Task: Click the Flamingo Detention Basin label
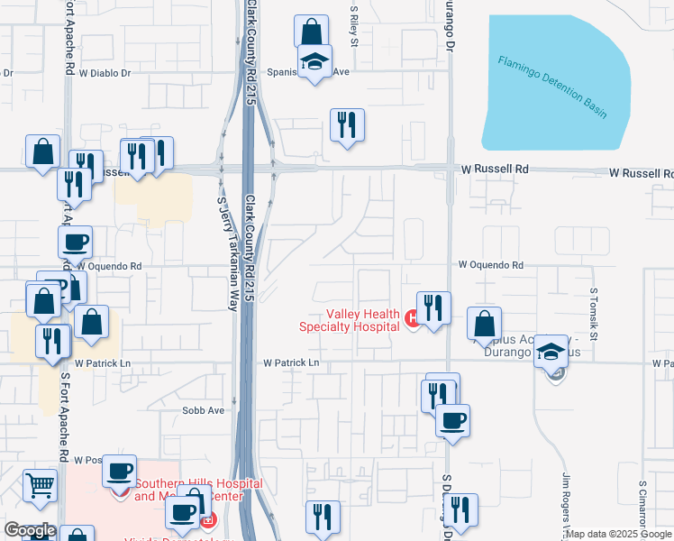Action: point(552,87)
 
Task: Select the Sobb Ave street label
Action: point(203,410)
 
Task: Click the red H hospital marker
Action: point(412,316)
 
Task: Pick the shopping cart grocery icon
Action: point(39,485)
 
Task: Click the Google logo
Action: point(30,530)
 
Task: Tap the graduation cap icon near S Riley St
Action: point(314,62)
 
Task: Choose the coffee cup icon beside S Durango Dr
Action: point(452,419)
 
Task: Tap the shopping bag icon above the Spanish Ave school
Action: point(311,32)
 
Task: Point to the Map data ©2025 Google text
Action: point(619,534)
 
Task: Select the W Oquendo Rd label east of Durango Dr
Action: point(490,266)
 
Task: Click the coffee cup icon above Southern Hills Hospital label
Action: point(119,471)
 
